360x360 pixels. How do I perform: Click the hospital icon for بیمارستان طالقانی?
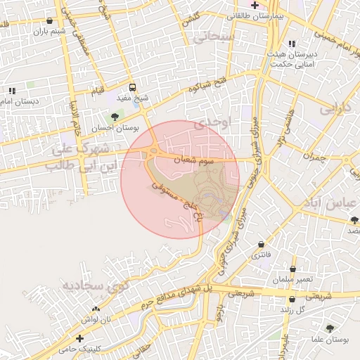click(254, 5)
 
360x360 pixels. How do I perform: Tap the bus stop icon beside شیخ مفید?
click(133, 89)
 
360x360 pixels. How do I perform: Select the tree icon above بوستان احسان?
click(115, 117)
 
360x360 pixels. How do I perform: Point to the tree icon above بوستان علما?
click(330, 328)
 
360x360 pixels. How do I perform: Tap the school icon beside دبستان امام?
click(12, 91)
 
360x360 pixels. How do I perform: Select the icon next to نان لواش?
click(96, 309)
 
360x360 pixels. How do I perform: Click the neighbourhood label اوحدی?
click(212, 123)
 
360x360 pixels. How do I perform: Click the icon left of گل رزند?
click(287, 309)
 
